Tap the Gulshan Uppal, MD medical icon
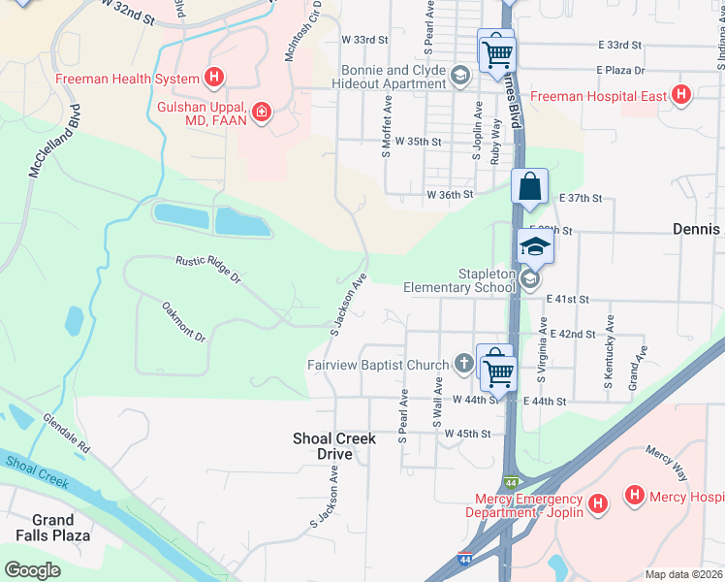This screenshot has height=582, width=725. [x=260, y=113]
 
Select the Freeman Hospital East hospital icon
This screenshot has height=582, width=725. [x=681, y=96]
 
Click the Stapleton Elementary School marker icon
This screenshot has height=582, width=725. [x=529, y=279]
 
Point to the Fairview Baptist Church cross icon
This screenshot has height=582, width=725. [x=464, y=365]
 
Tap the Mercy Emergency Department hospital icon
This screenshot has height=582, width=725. [x=598, y=503]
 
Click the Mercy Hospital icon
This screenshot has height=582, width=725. [x=635, y=496]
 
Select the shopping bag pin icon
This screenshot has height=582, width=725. [x=530, y=187]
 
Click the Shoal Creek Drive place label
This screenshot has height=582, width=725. [x=333, y=446]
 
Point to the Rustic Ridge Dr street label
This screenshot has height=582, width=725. [x=207, y=269]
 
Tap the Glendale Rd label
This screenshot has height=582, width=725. [x=66, y=436]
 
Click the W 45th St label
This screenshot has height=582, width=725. [x=469, y=433]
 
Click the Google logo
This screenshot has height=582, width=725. [x=33, y=570]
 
